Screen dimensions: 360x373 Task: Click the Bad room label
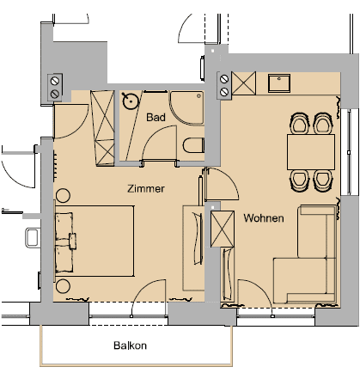(156, 117)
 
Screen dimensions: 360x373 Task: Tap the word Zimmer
(146, 188)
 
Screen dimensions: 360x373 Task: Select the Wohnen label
(264, 218)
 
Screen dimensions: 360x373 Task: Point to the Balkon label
(131, 345)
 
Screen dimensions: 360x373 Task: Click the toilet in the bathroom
(193, 145)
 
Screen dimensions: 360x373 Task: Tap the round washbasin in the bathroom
(131, 101)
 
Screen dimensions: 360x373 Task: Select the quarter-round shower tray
(186, 108)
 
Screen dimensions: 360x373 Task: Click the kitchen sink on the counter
(279, 83)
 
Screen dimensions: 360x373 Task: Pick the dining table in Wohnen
(311, 152)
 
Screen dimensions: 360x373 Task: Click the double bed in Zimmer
(95, 241)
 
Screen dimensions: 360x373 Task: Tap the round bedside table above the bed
(63, 196)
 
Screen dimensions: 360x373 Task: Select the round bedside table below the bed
(63, 285)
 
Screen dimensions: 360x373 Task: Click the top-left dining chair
(300, 124)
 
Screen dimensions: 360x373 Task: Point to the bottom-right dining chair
(323, 180)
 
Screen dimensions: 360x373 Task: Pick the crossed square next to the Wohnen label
(223, 229)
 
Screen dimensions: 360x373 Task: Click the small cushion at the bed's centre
(72, 241)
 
